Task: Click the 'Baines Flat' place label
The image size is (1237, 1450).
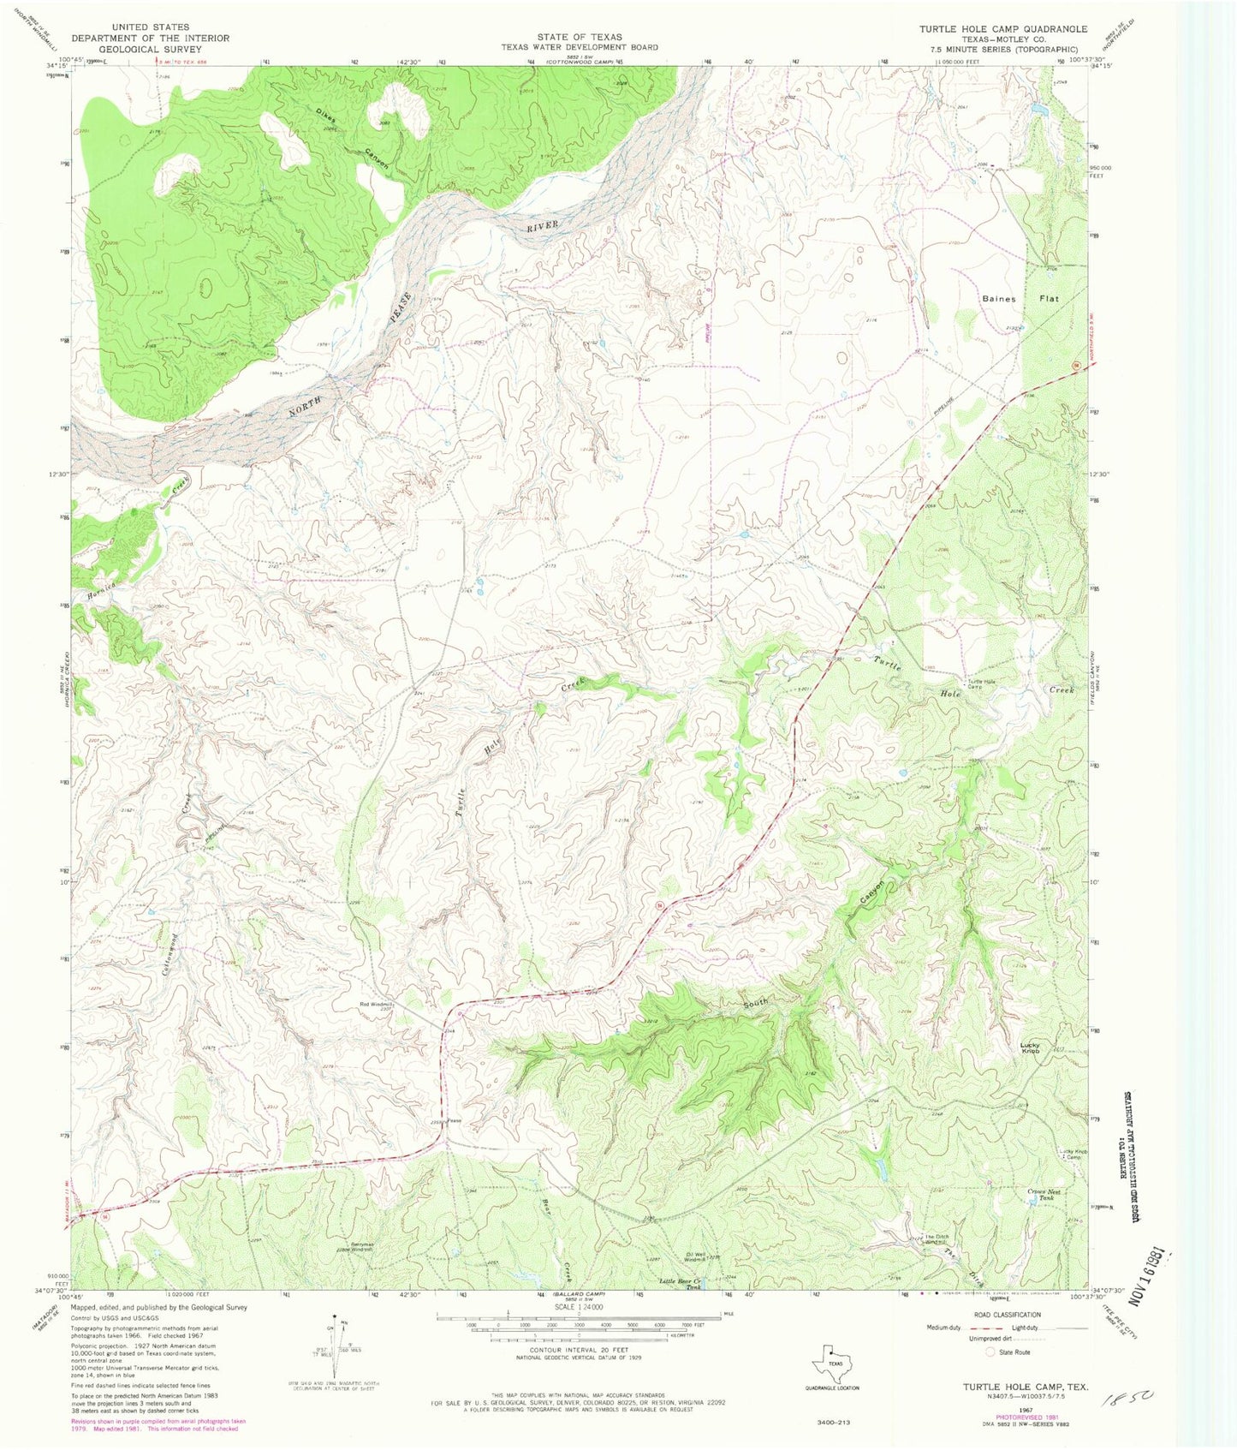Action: coord(1020,299)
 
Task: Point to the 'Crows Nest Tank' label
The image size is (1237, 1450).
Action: coord(1041,1194)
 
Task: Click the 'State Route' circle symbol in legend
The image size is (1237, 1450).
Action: coord(991,1352)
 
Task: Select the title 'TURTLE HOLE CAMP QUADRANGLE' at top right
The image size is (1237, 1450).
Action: coord(1003,29)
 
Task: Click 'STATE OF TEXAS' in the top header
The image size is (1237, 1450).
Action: coord(580,37)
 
